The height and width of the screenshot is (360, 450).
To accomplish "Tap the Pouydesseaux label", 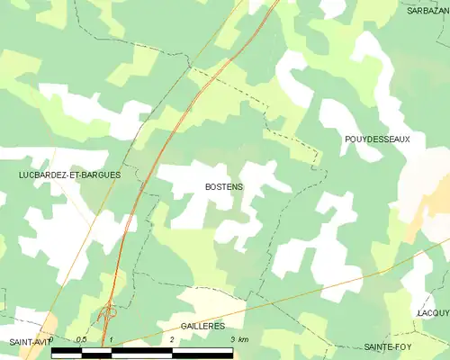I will (x=377, y=139).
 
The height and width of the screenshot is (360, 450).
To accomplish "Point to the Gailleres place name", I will (x=202, y=326).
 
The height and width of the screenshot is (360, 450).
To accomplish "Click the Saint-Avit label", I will (x=27, y=343).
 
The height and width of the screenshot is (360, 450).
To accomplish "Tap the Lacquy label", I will (x=433, y=312).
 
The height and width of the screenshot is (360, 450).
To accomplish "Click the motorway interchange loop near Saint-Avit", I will (x=110, y=312).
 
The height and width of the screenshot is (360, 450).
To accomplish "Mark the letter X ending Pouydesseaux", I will (x=408, y=139).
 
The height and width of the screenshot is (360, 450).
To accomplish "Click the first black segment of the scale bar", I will (x=66, y=352).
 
